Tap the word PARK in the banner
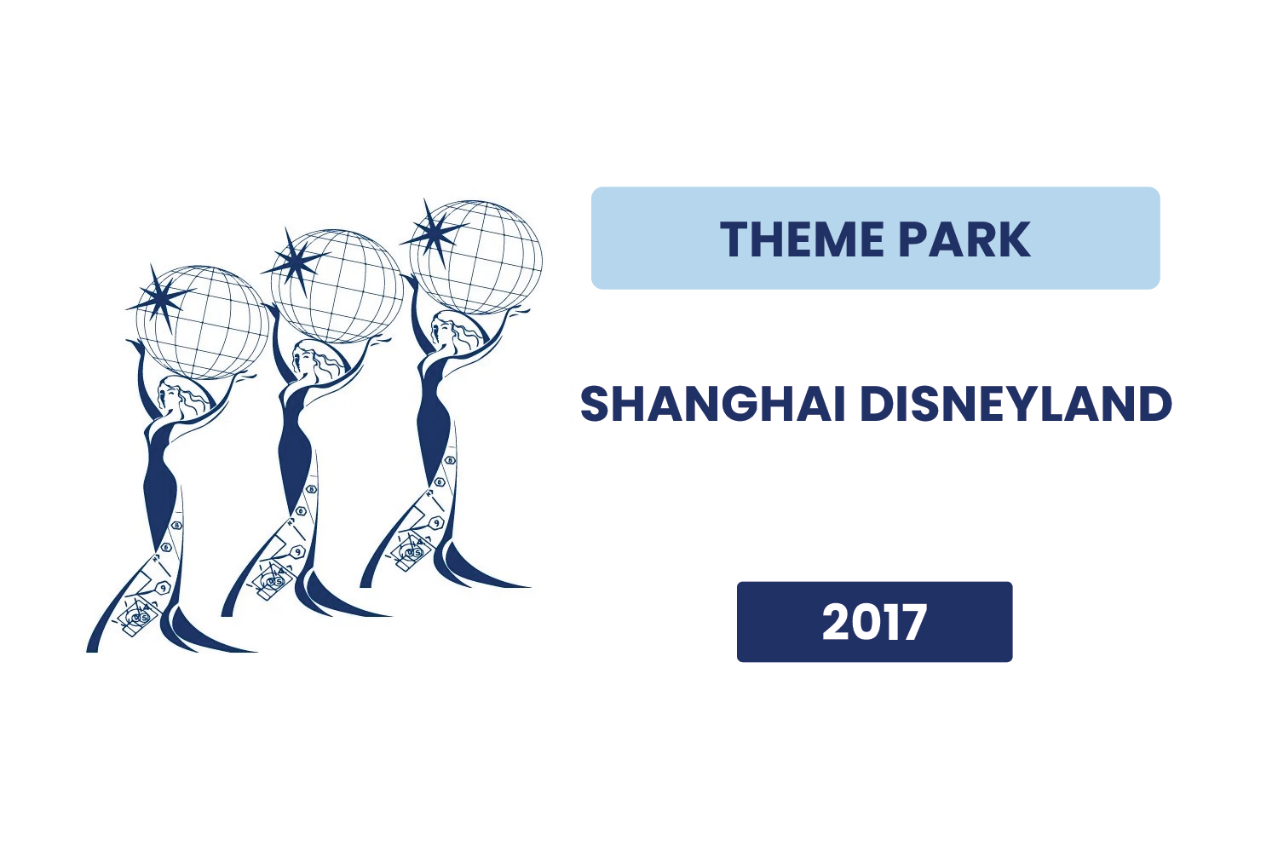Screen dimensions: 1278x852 [x=964, y=239]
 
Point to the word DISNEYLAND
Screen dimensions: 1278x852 [x=1016, y=404]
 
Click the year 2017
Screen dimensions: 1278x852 [x=874, y=621]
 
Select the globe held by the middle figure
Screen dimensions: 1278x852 [x=337, y=286]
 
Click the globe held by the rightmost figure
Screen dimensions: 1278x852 [x=475, y=257]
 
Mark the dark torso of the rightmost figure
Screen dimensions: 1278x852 [x=435, y=417]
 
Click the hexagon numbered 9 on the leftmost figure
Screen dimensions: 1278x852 [x=164, y=588]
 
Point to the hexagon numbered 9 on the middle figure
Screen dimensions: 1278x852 [x=297, y=552]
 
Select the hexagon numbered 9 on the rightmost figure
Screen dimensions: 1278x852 [x=436, y=523]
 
